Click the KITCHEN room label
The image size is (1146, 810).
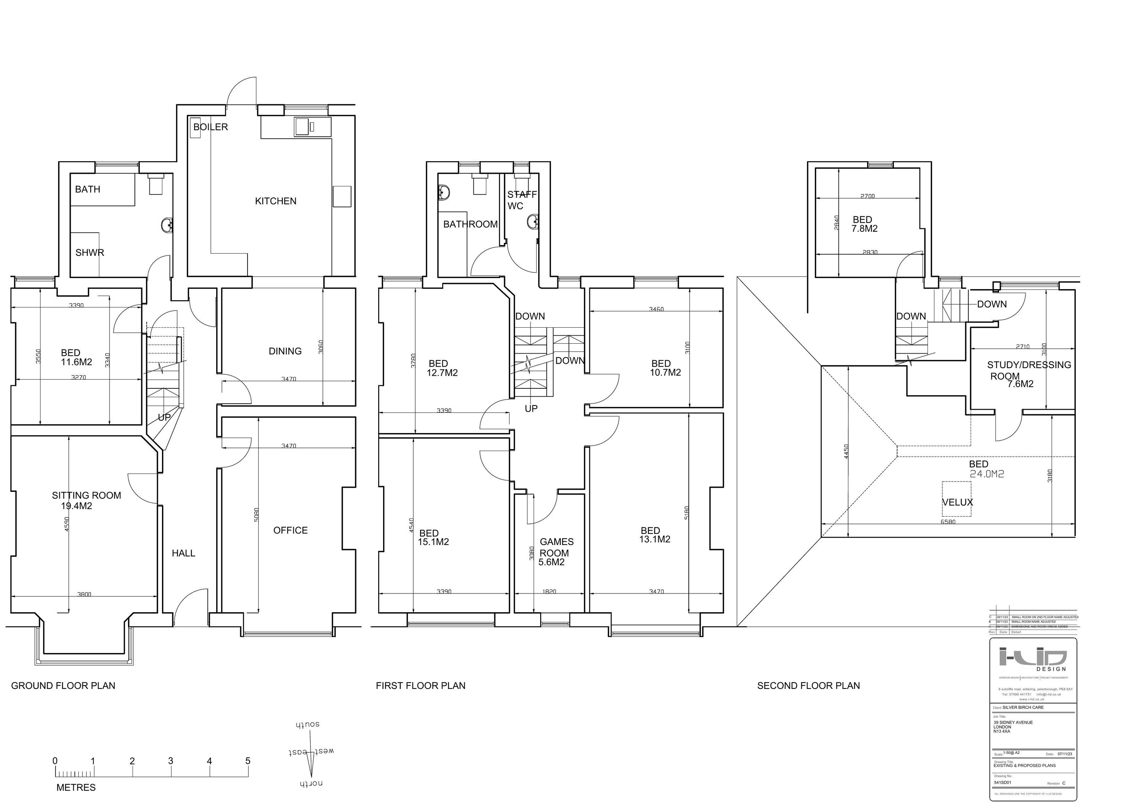[x=275, y=201]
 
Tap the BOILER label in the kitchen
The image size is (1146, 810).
[x=210, y=127]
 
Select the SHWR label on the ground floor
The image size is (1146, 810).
[x=90, y=252]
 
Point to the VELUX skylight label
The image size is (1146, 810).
[x=957, y=503]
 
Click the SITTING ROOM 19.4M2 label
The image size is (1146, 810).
[x=86, y=500]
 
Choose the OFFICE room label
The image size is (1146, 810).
[x=290, y=530]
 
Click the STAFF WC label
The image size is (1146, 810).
[x=521, y=200]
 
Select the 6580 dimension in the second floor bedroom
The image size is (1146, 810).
[x=948, y=522]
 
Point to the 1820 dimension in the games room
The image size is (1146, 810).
[x=549, y=592]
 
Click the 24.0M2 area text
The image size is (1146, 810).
[x=987, y=474]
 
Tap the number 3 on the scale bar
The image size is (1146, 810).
[x=171, y=761]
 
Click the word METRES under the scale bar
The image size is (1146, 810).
[x=76, y=787]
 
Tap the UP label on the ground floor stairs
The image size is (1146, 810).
[x=164, y=417]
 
